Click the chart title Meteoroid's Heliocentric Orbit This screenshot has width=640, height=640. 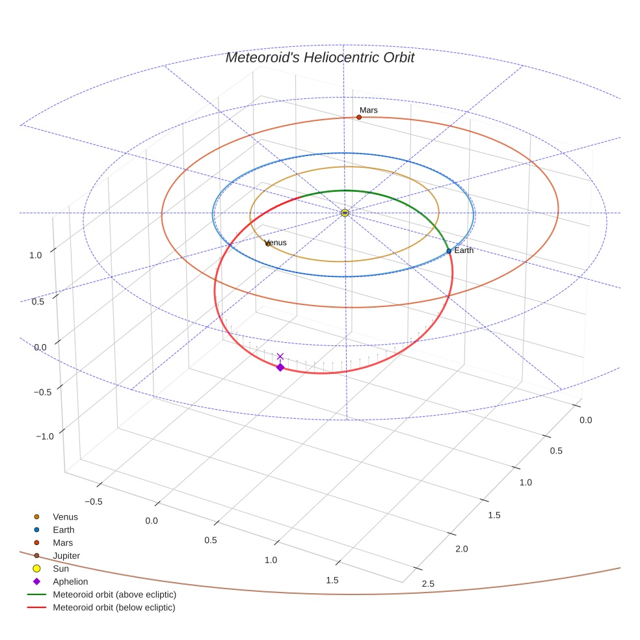click(x=319, y=57)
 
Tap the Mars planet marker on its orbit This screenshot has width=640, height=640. click(x=359, y=117)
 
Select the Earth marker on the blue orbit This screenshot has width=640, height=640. click(x=449, y=251)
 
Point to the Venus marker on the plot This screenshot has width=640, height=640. click(x=267, y=244)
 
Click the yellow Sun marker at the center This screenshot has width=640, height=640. click(x=345, y=213)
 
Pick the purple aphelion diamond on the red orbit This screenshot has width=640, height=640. click(x=280, y=367)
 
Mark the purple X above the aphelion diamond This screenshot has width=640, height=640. click(x=280, y=356)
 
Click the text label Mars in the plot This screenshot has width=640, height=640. click(x=369, y=111)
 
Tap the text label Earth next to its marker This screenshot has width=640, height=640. click(x=464, y=250)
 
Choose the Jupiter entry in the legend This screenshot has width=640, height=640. click(x=66, y=555)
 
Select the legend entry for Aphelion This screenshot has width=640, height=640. click(x=70, y=581)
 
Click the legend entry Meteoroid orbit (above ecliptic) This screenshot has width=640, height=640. click(x=114, y=594)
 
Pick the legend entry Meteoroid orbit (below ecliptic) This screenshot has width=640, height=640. click(x=114, y=607)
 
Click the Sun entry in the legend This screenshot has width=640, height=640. click(x=60, y=568)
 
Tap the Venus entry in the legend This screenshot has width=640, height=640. click(x=65, y=516)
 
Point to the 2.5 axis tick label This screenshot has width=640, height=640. click(x=428, y=584)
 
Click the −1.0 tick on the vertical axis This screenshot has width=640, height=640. click(x=44, y=436)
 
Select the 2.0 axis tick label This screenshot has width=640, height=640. click(x=461, y=550)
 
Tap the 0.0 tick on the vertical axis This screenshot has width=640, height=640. click(x=40, y=347)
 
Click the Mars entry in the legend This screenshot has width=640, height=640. click(x=63, y=542)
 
